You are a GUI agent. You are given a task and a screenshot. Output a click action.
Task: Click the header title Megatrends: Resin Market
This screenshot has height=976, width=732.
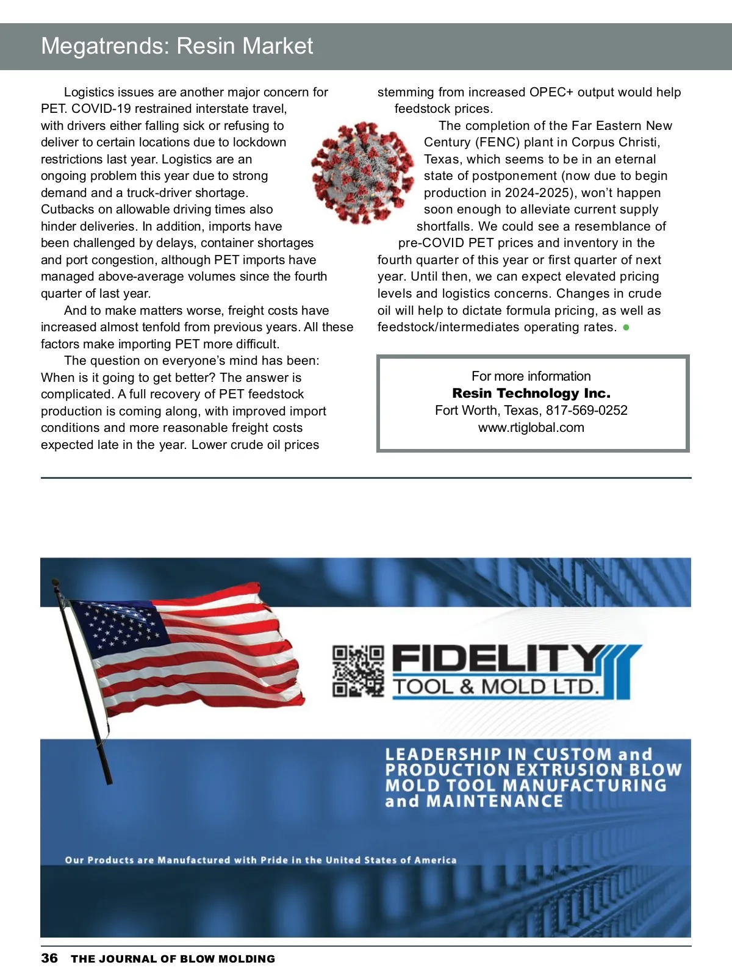(177, 46)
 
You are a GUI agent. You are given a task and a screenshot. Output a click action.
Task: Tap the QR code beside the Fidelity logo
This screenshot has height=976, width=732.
(358, 671)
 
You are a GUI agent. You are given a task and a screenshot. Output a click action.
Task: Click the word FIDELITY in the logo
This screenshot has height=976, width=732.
(497, 659)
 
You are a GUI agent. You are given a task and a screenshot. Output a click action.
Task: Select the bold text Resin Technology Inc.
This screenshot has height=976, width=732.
(531, 393)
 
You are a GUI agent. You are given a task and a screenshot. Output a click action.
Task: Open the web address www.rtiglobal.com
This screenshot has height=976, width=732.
(531, 428)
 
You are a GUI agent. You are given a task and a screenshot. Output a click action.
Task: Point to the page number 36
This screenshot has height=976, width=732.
(49, 958)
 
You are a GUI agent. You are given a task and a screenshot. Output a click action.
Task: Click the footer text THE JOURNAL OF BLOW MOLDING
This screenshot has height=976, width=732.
(173, 959)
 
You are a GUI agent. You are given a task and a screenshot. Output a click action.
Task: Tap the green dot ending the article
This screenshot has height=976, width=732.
(626, 328)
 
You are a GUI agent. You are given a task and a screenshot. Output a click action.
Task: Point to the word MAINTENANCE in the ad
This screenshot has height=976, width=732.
(495, 801)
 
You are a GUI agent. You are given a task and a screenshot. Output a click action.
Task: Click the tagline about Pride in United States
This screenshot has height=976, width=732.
(260, 860)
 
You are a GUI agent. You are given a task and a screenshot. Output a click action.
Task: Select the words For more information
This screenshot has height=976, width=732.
(531, 376)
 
